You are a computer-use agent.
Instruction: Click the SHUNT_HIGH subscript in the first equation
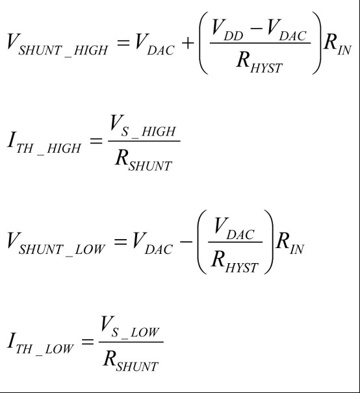(x=63, y=51)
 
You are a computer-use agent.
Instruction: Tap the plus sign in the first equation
(x=188, y=43)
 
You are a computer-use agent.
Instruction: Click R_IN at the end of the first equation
(x=337, y=45)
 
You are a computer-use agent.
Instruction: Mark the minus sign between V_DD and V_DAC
(x=256, y=28)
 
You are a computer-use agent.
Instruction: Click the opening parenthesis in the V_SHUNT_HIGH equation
(x=203, y=43)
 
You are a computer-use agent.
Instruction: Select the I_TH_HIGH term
(x=44, y=144)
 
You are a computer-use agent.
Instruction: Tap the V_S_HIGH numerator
(x=143, y=126)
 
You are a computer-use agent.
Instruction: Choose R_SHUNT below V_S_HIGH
(x=144, y=161)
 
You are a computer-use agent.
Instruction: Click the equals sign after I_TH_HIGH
(x=96, y=140)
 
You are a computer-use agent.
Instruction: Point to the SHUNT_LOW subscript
(x=62, y=250)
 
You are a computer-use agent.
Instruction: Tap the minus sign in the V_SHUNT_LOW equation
(x=186, y=242)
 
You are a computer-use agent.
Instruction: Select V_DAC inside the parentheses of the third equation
(x=234, y=229)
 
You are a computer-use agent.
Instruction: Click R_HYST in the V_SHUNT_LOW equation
(x=235, y=263)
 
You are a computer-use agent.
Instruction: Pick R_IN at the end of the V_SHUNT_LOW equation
(x=289, y=244)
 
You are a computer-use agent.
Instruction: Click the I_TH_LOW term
(x=40, y=344)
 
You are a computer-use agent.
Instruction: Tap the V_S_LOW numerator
(x=129, y=327)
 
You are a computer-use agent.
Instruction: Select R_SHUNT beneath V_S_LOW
(x=131, y=362)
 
